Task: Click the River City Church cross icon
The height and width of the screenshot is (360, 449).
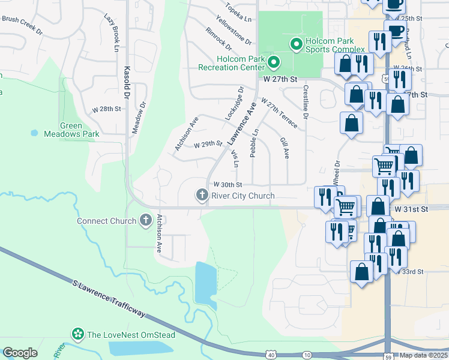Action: pyautogui.click(x=202, y=196)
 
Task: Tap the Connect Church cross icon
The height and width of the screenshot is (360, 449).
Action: pyautogui.click(x=145, y=221)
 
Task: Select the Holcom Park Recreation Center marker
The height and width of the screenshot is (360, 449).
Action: pyautogui.click(x=274, y=62)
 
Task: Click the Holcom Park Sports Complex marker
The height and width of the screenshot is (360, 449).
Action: pyautogui.click(x=295, y=43)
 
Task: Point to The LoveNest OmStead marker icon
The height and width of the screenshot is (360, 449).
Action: pyautogui.click(x=77, y=334)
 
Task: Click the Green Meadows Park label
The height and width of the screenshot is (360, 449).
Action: pyautogui.click(x=71, y=130)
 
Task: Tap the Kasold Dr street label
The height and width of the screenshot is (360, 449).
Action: pyautogui.click(x=127, y=83)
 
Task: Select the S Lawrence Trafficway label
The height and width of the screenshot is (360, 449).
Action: pyautogui.click(x=108, y=298)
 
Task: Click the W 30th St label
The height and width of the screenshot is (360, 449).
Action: pyautogui.click(x=227, y=185)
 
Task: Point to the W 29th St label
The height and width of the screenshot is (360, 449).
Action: pyautogui.click(x=208, y=145)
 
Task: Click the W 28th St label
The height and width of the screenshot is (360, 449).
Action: pyautogui.click(x=106, y=109)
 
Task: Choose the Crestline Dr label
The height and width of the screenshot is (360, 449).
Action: pyautogui.click(x=306, y=102)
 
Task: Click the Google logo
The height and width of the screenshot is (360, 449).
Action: pyautogui.click(x=20, y=353)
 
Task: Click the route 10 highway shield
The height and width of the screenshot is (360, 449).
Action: pyautogui.click(x=307, y=355)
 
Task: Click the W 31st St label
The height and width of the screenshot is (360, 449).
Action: pyautogui.click(x=411, y=208)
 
